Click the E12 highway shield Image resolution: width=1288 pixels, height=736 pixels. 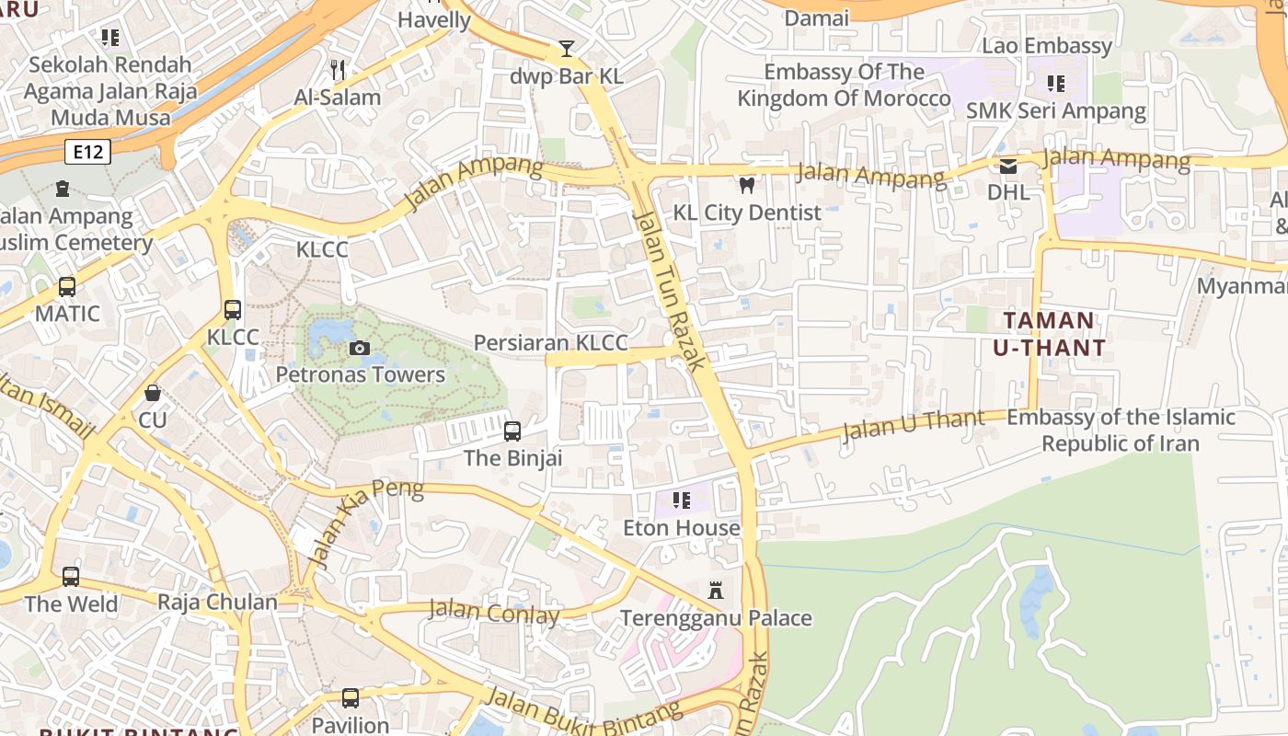(88, 152)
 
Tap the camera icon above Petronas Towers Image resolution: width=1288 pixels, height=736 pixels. (360, 348)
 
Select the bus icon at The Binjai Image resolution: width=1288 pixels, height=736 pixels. (512, 431)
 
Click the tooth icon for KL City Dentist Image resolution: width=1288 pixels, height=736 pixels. (747, 186)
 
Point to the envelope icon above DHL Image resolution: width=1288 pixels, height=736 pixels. (1008, 167)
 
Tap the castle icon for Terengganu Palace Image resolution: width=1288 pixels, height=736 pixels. (716, 591)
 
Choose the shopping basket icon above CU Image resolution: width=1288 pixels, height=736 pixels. (153, 394)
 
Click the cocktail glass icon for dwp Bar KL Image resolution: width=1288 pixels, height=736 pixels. (567, 49)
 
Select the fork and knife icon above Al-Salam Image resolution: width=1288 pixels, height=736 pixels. (338, 70)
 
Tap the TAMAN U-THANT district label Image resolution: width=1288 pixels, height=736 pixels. (1049, 334)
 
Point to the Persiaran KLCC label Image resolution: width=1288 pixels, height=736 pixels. (550, 343)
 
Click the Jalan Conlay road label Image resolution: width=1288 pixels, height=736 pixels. (494, 612)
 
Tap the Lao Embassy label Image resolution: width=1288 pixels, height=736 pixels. (1047, 46)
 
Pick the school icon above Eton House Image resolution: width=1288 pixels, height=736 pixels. (682, 500)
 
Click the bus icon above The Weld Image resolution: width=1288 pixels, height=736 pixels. (71, 577)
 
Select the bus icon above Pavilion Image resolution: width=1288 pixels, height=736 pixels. (351, 698)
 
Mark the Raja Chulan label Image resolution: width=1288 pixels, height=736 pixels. (217, 603)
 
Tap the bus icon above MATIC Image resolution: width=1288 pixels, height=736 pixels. (67, 286)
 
